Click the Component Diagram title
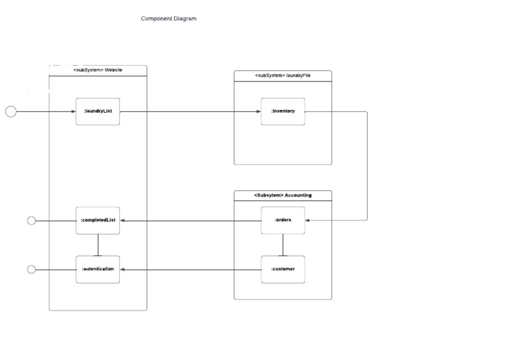coord(168,19)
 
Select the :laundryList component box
coord(97,111)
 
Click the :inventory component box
coord(283,111)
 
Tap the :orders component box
coord(283,220)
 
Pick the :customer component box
coord(283,269)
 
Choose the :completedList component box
coord(97,220)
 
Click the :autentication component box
coord(97,269)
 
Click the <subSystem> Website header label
coord(97,70)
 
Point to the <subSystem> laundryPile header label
coord(283,76)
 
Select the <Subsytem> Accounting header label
coord(283,196)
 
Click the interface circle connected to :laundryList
coord(11,111)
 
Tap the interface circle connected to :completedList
coord(31,221)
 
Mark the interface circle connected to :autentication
coord(31,269)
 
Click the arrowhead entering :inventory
coord(258,111)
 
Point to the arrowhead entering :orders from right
coord(308,220)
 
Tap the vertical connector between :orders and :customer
coord(283,245)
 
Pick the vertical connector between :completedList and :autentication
coord(97,245)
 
